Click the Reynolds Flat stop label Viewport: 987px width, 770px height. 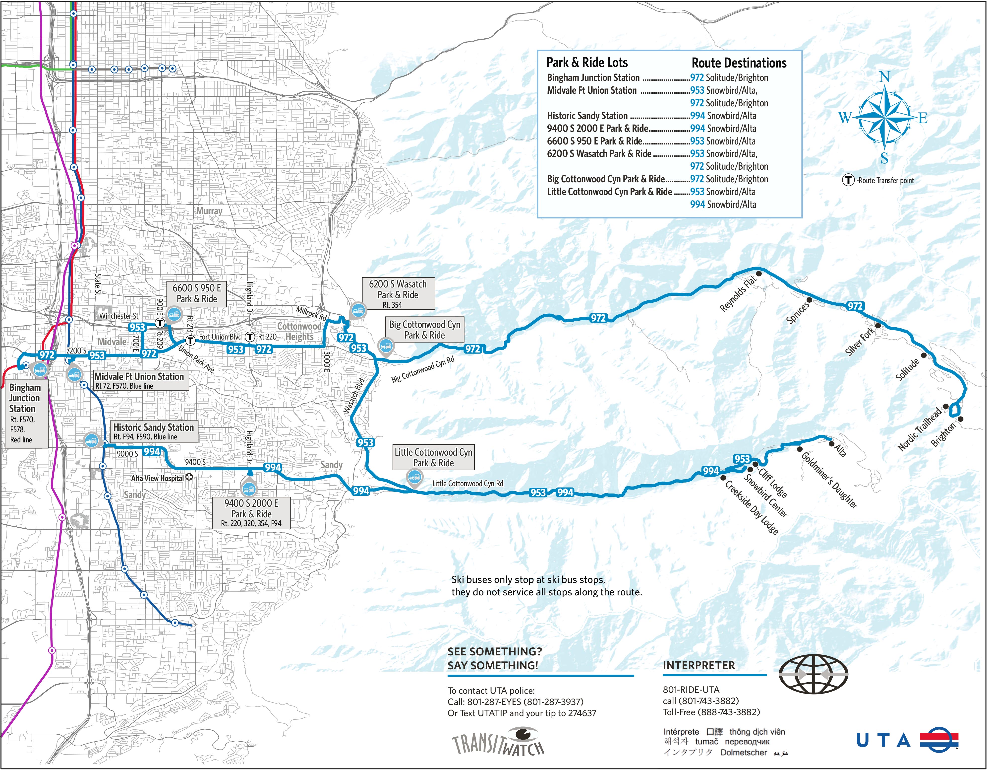[738, 294]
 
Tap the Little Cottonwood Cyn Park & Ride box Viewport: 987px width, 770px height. [433, 458]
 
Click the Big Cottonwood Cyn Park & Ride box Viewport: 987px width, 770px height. [424, 330]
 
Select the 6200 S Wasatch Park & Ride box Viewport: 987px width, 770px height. [398, 293]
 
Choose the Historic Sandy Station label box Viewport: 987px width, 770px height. [154, 432]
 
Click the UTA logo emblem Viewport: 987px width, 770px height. [939, 740]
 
